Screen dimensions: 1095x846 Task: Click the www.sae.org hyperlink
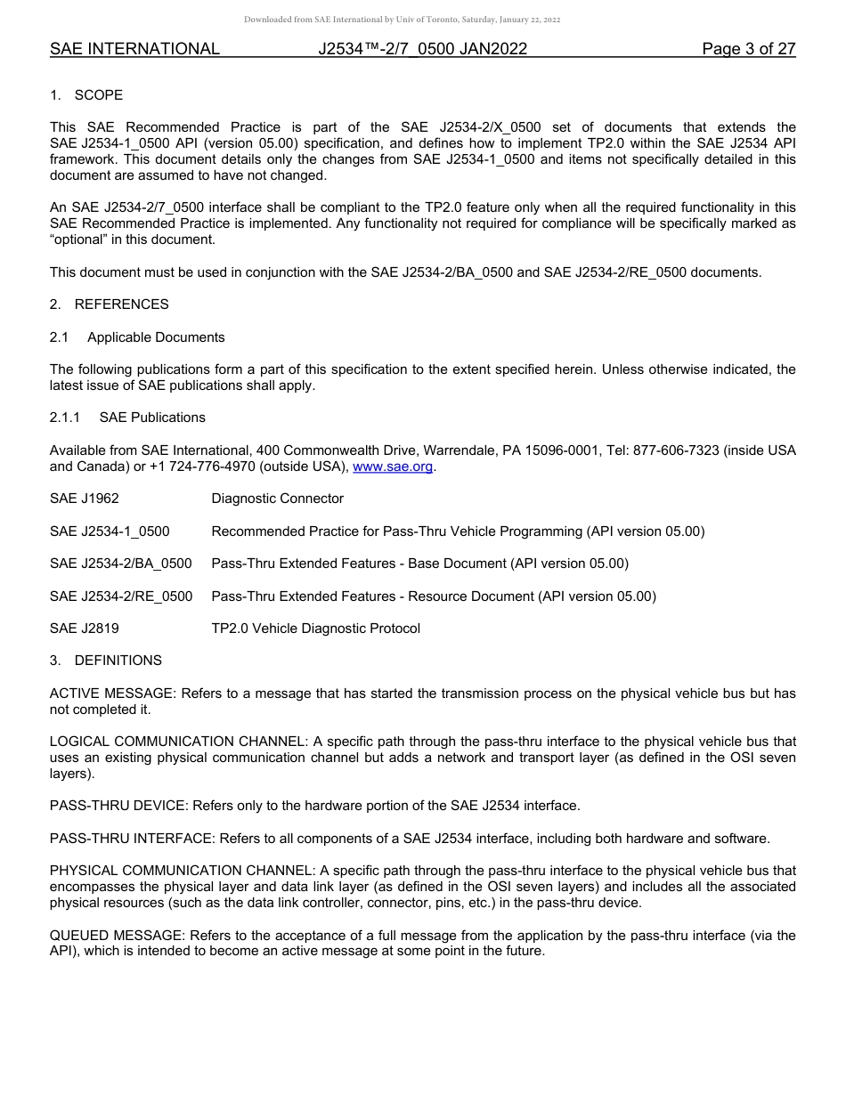click(x=393, y=466)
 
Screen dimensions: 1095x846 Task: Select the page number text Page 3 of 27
click(x=748, y=49)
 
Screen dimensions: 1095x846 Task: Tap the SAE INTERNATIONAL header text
click(x=134, y=49)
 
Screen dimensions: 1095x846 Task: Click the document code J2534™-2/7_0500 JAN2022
click(x=423, y=49)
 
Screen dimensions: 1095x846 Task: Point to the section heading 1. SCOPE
click(x=86, y=95)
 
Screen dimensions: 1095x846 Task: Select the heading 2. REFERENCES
click(x=109, y=304)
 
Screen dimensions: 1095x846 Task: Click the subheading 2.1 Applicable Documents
click(x=137, y=337)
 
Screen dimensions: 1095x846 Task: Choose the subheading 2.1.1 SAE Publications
click(x=127, y=418)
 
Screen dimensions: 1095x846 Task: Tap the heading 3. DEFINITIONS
click(x=106, y=661)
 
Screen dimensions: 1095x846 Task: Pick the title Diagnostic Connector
click(x=277, y=499)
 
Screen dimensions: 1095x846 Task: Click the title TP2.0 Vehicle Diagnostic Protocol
click(x=315, y=629)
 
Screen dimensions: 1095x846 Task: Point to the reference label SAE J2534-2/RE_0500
click(x=121, y=596)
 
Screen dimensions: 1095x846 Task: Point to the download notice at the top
click(x=403, y=20)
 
